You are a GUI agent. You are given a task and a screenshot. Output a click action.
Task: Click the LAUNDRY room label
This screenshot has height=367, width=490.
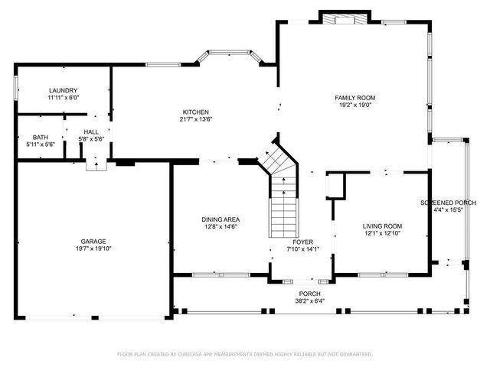click(63, 90)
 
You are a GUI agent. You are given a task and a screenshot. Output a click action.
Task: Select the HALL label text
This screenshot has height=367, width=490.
click(91, 132)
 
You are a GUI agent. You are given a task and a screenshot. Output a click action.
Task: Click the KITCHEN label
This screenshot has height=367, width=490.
click(195, 111)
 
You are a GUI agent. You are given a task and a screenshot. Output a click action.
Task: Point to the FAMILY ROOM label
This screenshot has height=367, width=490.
click(355, 98)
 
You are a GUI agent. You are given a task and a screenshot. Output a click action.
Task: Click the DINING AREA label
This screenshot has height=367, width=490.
click(220, 219)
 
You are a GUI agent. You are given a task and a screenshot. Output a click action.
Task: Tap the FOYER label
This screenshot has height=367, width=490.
click(301, 241)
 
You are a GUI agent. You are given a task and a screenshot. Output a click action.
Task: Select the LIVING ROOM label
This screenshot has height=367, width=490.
click(382, 226)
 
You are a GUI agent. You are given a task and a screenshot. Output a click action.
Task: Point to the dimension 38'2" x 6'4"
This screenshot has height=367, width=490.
click(310, 301)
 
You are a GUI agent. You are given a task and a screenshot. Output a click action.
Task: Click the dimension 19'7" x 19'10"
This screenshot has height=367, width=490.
click(93, 248)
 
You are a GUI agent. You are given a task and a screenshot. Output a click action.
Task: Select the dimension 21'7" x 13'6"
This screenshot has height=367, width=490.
click(195, 119)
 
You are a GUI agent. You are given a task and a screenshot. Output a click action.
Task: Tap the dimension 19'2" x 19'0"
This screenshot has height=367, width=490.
click(355, 106)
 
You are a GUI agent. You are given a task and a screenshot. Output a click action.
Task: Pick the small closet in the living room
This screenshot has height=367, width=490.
click(336, 186)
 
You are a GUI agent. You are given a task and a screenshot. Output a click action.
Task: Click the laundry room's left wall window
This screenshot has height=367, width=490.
click(15, 89)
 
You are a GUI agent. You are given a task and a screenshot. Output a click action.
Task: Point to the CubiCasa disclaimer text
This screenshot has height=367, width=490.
click(245, 354)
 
